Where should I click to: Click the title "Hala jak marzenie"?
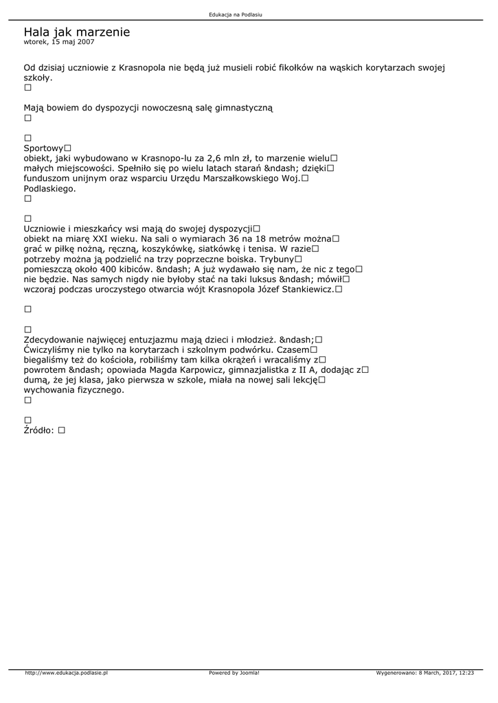coord(76,32)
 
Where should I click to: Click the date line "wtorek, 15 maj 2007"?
coord(59,42)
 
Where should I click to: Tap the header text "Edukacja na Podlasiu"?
coord(236,14)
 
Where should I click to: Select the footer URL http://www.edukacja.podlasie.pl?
coord(66,673)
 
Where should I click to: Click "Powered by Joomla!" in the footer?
coord(234,673)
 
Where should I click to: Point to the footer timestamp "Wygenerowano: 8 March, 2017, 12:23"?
coord(425,673)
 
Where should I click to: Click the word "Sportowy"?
coord(43,148)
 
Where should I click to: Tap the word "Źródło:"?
coord(39,430)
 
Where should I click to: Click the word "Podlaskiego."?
coord(49,188)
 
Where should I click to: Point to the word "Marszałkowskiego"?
coord(238,178)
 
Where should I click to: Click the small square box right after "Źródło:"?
coord(62,430)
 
